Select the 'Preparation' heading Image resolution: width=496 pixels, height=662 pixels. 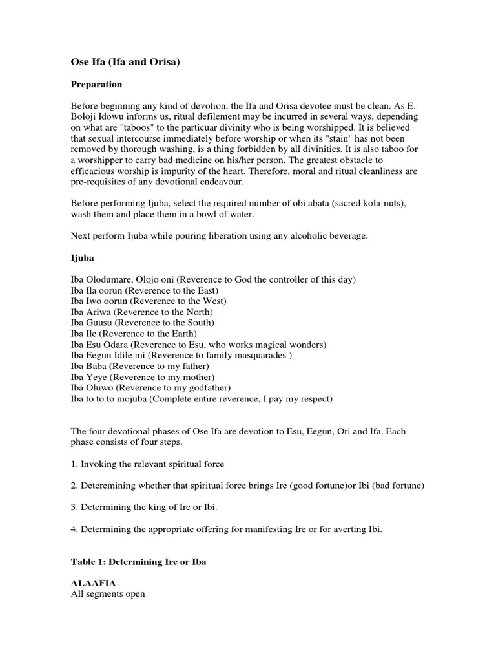96,85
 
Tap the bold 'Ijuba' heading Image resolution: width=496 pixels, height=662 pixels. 83,258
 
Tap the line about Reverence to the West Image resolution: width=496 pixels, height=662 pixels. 148,301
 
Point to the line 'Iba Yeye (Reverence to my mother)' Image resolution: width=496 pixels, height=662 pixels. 142,377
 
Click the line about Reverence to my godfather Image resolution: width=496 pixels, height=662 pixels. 154,388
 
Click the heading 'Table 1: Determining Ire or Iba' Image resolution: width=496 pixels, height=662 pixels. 138,562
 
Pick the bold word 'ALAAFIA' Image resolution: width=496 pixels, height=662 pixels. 94,583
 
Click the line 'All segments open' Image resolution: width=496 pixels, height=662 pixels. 108,594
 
